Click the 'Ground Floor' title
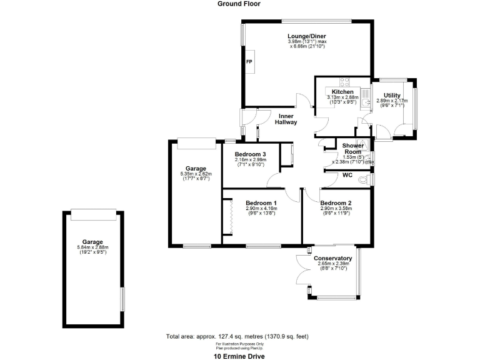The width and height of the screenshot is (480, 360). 239,4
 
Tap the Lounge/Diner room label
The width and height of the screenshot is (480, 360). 307,36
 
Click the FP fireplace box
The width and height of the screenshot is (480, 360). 249,61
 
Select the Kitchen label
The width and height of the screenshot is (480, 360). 342,92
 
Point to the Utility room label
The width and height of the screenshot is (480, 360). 392,95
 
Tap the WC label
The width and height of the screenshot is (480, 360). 348,176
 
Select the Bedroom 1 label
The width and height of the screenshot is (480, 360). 261,203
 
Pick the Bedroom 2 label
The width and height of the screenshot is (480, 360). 336,203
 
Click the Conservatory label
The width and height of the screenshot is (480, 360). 332,258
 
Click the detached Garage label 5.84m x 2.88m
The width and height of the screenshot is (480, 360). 92,242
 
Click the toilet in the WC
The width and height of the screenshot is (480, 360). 371,179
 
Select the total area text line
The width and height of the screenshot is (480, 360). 237,336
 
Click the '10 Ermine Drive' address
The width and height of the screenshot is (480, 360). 239,356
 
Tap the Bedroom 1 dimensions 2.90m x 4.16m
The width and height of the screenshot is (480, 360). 261,209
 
